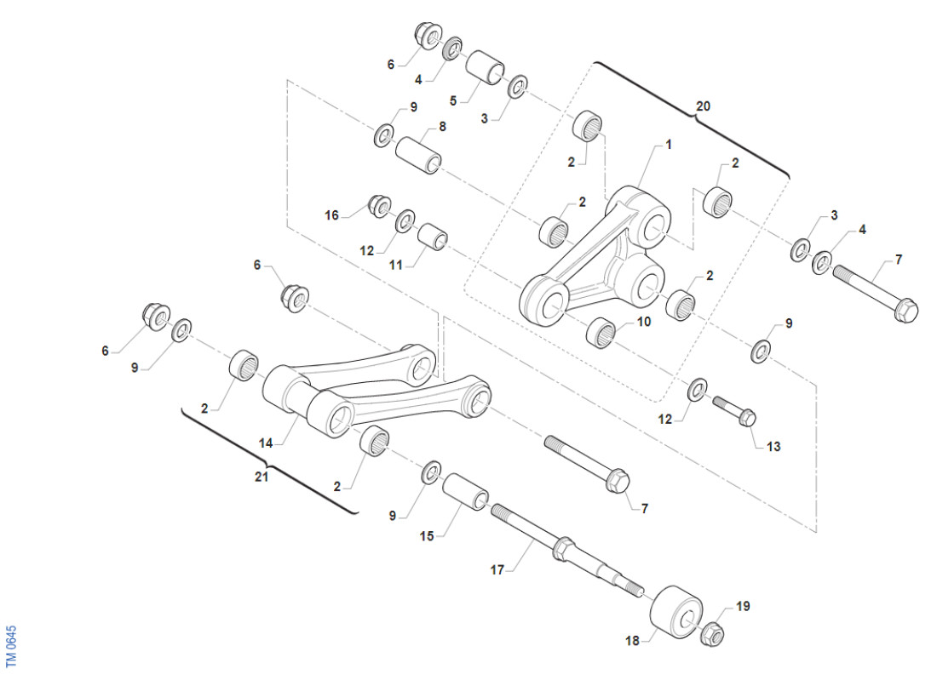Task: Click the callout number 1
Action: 669,145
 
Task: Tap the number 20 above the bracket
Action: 704,106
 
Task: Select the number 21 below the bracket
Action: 262,477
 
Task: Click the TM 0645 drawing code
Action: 11,646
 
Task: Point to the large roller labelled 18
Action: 675,611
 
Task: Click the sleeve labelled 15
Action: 465,491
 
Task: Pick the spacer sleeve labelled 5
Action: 485,67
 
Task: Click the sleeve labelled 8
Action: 418,155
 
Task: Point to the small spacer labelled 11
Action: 433,237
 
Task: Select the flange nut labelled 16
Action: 379,206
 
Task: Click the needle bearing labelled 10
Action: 601,333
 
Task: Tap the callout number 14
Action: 266,443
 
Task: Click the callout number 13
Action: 773,447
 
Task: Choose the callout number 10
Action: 644,322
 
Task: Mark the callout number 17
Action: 497,570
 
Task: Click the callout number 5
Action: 453,101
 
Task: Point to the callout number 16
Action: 331,215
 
